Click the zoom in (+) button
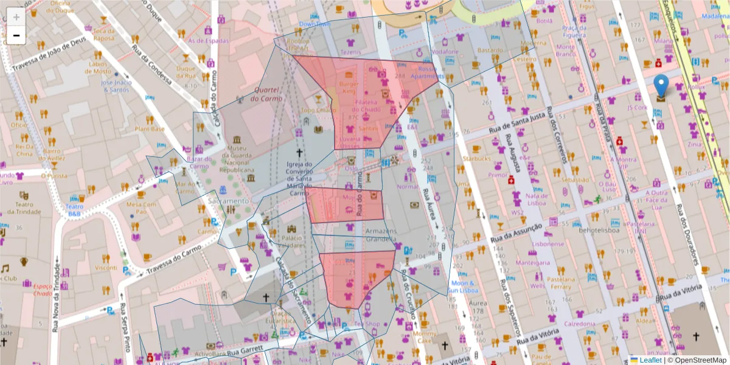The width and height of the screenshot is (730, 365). pos(16,16)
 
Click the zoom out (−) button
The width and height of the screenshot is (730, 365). pos(16,35)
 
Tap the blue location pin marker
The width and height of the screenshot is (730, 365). pos(661,86)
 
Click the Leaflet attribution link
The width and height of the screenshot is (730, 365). pos(650,360)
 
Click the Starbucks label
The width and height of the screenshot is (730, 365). pos(476,159)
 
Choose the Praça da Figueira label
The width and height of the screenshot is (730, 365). pos(574,31)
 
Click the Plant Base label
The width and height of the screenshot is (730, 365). pos(150,129)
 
